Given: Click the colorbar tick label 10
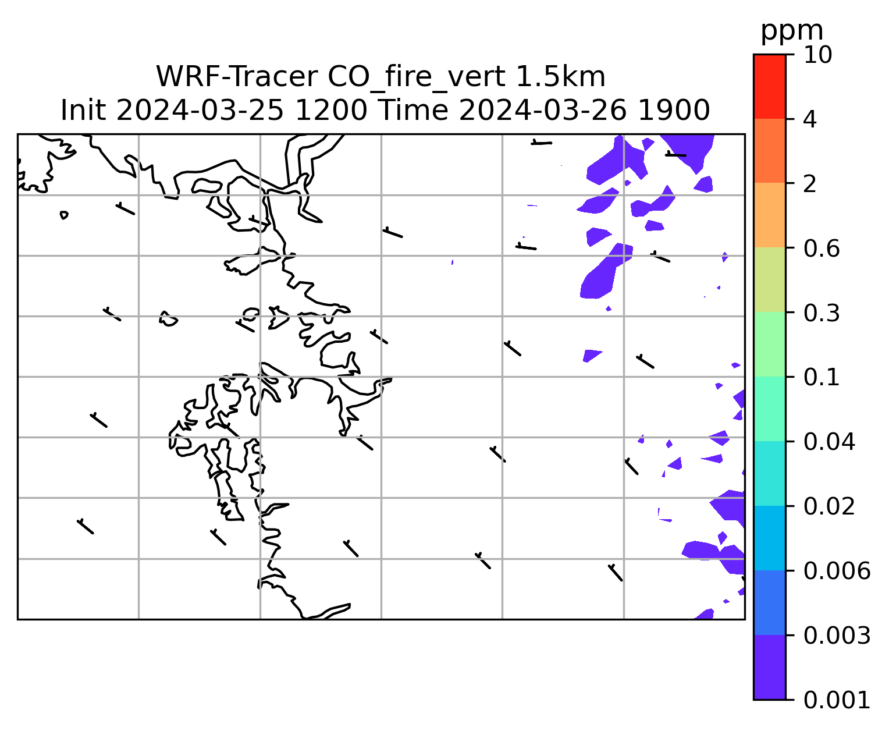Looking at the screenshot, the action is [817, 55].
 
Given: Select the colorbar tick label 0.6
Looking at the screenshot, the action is [821, 249].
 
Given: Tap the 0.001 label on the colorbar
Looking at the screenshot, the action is [836, 700].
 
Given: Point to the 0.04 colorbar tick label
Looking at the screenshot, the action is [828, 442].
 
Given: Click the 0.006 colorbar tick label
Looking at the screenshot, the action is [836, 571].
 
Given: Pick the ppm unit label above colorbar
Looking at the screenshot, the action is [792, 31].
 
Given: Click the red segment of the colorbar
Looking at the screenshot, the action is [769, 86].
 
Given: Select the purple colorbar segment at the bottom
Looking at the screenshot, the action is [769, 668].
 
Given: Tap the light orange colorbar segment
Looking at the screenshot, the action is [769, 215].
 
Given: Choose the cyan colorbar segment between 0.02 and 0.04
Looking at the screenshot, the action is [769, 473].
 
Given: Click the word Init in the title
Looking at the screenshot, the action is [83, 111].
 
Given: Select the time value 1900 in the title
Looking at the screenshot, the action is [674, 111].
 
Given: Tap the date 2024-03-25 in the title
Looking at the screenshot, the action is [200, 111].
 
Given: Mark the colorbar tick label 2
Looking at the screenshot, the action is [810, 184].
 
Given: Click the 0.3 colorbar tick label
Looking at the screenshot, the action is [821, 313].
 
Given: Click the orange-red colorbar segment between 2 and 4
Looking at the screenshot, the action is [769, 151].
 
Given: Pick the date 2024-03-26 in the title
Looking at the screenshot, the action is [542, 111].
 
